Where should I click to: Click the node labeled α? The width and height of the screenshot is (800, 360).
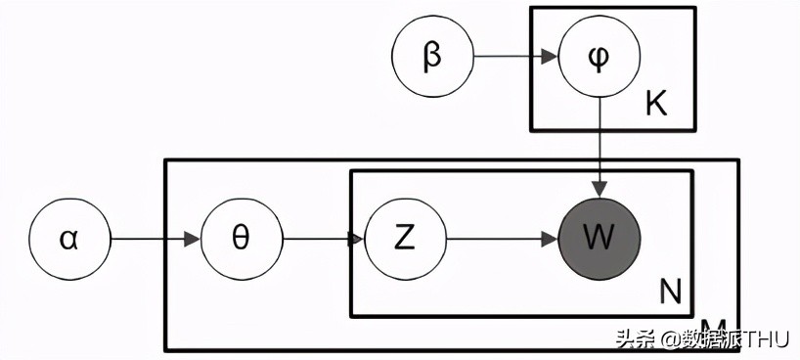(x=69, y=239)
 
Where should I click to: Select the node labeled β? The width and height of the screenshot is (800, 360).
(x=431, y=57)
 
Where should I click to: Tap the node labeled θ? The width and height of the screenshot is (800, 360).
(x=241, y=239)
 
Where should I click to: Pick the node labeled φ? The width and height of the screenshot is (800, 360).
(x=599, y=57)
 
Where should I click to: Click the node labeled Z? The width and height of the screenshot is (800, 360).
(x=404, y=239)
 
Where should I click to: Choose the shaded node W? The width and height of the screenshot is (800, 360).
(x=599, y=239)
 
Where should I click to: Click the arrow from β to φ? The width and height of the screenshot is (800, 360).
(x=514, y=57)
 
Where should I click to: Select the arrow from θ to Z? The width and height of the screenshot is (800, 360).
(x=323, y=239)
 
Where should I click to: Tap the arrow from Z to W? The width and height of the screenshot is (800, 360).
(x=501, y=239)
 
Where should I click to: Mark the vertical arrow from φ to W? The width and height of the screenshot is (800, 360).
(x=599, y=147)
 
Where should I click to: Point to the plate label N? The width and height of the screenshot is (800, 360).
(x=671, y=291)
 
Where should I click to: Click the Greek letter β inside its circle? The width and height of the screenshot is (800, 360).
(x=431, y=57)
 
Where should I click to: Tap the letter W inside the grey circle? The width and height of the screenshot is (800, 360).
(x=599, y=239)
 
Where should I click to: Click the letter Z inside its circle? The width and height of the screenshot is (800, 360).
(x=404, y=239)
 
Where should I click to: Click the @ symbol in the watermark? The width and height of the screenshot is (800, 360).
(x=667, y=339)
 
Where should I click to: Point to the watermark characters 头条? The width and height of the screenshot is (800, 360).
(x=635, y=339)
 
